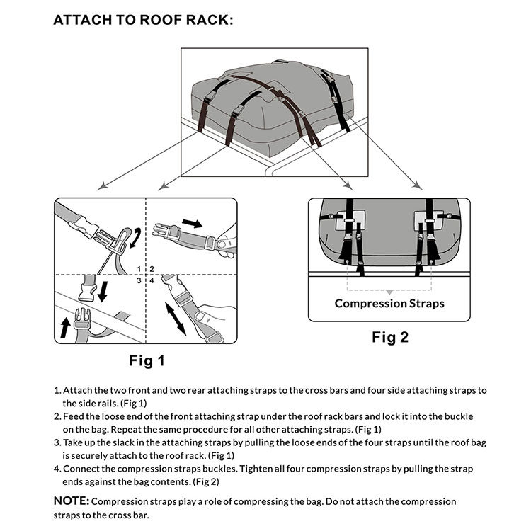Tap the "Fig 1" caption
pyautogui.click(x=147, y=361)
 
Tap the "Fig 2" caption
pyautogui.click(x=389, y=338)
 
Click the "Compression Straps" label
pyautogui.click(x=389, y=304)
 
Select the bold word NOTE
pyautogui.click(x=72, y=501)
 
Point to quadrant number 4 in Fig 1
pyautogui.click(x=152, y=280)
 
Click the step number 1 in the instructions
pyautogui.click(x=57, y=391)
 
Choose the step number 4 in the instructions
pyautogui.click(x=57, y=469)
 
